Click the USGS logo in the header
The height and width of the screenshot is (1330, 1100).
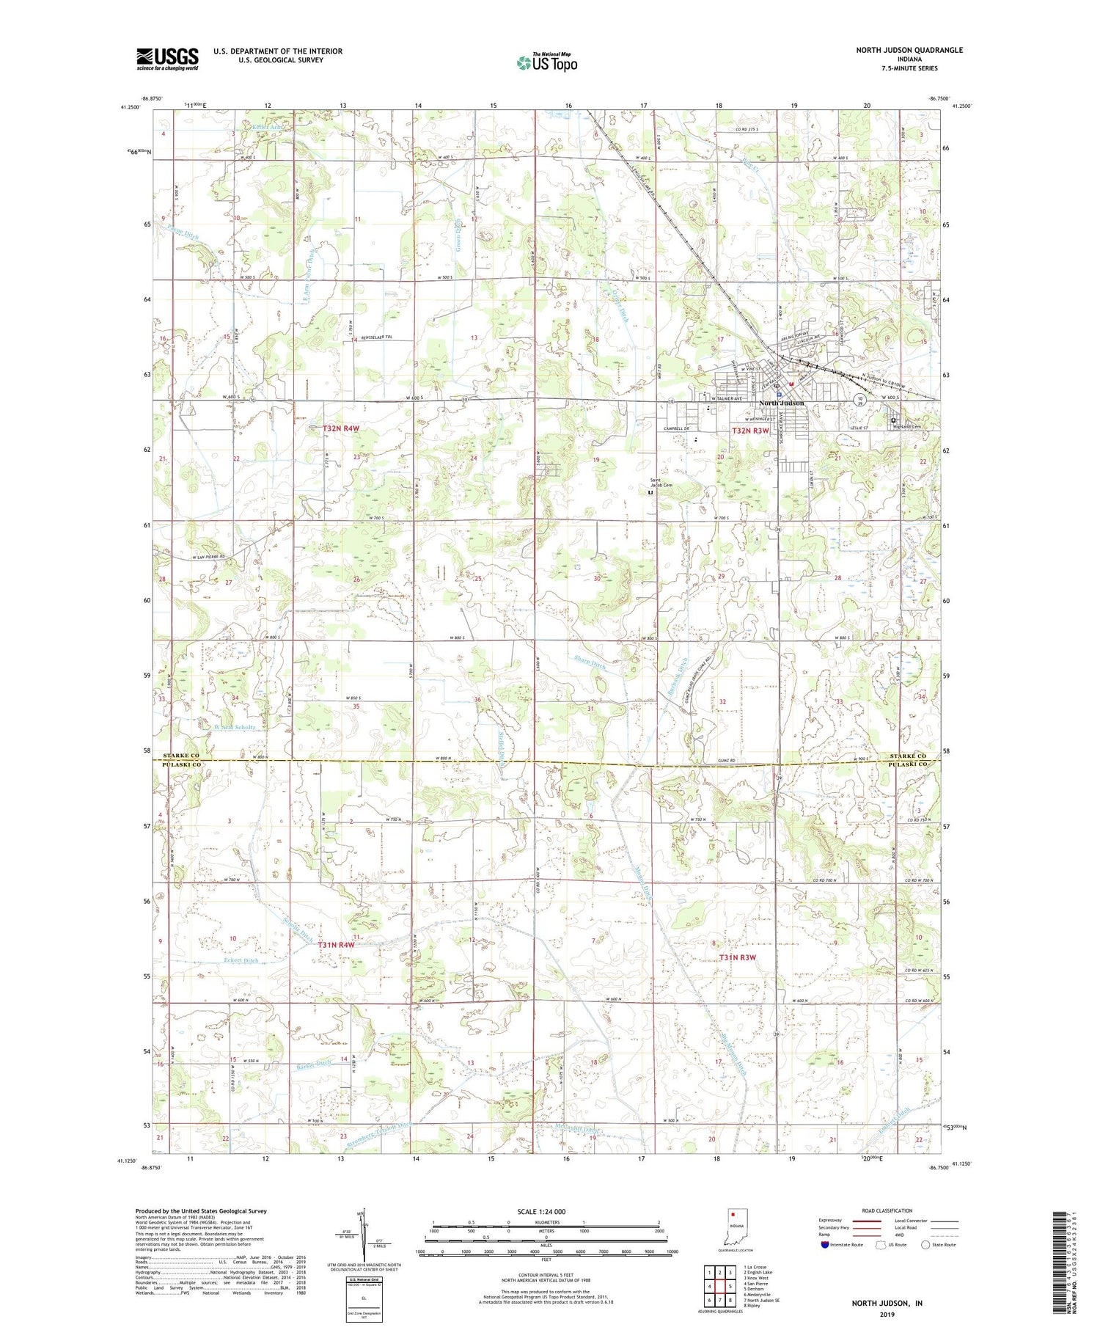(167, 59)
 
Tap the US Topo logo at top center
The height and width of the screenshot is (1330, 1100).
(546, 63)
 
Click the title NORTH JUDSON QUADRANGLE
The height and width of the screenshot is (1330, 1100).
(909, 50)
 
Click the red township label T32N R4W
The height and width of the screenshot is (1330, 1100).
(341, 428)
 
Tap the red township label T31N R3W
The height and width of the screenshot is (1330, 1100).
(737, 957)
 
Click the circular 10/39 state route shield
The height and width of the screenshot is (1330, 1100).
(859, 400)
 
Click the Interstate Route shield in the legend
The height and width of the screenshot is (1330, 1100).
(825, 1245)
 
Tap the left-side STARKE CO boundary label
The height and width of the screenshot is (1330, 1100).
(180, 756)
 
